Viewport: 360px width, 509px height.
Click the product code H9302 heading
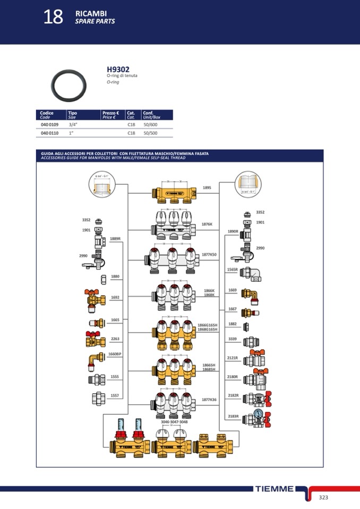pyautogui.click(x=118, y=69)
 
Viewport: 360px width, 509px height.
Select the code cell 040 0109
pyautogui.click(x=49, y=124)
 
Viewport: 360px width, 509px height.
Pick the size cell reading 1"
pyautogui.click(x=71, y=133)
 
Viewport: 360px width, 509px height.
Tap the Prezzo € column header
pyautogui.click(x=110, y=113)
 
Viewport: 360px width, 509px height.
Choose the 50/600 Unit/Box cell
pyautogui.click(x=150, y=124)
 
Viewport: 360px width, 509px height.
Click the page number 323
pyautogui.click(x=323, y=497)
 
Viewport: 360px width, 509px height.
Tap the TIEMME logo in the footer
pyautogui.click(x=274, y=489)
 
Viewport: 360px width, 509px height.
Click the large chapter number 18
pyautogui.click(x=53, y=17)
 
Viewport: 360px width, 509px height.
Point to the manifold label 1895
pyautogui.click(x=207, y=187)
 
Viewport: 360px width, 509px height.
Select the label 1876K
pyautogui.click(x=207, y=224)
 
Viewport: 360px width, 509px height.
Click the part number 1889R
pyautogui.click(x=115, y=239)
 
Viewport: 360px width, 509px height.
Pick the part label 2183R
pyautogui.click(x=233, y=416)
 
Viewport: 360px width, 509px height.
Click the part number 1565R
pyautogui.click(x=232, y=270)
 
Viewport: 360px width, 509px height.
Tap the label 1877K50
pyautogui.click(x=209, y=255)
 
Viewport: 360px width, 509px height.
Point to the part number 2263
pyautogui.click(x=115, y=339)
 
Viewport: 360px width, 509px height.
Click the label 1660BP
pyautogui.click(x=115, y=353)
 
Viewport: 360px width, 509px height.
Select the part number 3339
pyautogui.click(x=233, y=338)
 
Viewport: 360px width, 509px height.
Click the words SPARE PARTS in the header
pyautogui.click(x=95, y=22)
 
